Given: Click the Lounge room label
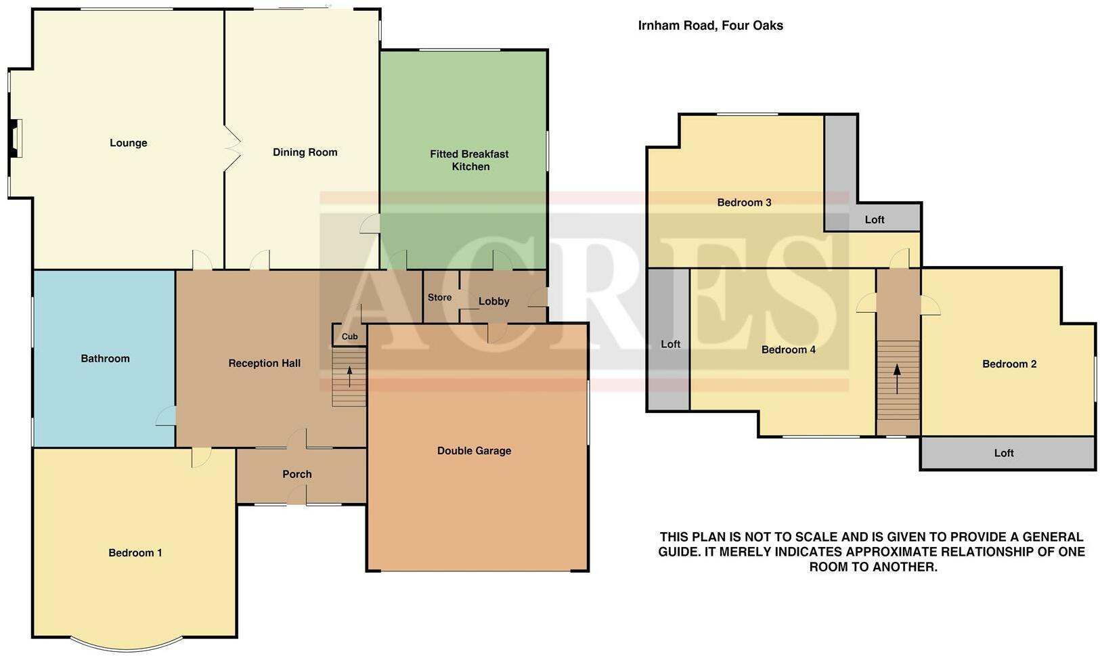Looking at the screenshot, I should pyautogui.click(x=128, y=143).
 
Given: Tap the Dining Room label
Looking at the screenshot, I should pyautogui.click(x=305, y=152).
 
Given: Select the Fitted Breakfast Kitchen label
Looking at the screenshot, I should pyautogui.click(x=469, y=160).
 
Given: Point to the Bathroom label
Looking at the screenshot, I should pyautogui.click(x=105, y=359).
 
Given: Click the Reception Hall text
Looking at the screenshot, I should pyautogui.click(x=264, y=364).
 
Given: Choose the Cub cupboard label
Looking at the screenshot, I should pyautogui.click(x=349, y=336).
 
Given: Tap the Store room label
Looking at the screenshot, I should pyautogui.click(x=439, y=297).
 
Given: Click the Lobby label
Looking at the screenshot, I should pyautogui.click(x=493, y=301).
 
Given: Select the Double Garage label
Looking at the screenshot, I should pyautogui.click(x=474, y=451).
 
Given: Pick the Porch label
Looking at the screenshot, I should pyautogui.click(x=297, y=475).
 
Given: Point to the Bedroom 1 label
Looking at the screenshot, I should pyautogui.click(x=135, y=553).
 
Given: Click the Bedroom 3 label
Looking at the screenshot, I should pyautogui.click(x=744, y=202).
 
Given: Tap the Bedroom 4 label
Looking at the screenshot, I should pyautogui.click(x=788, y=350).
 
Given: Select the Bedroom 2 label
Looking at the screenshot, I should pyautogui.click(x=1009, y=364).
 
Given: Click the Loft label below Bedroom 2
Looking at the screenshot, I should pyautogui.click(x=1004, y=454).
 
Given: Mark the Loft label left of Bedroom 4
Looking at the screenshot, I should pyautogui.click(x=670, y=345).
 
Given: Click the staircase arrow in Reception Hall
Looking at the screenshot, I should pyautogui.click(x=349, y=376).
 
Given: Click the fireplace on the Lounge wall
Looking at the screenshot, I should pyautogui.click(x=15, y=139).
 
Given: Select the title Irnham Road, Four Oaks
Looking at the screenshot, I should pyautogui.click(x=710, y=26).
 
